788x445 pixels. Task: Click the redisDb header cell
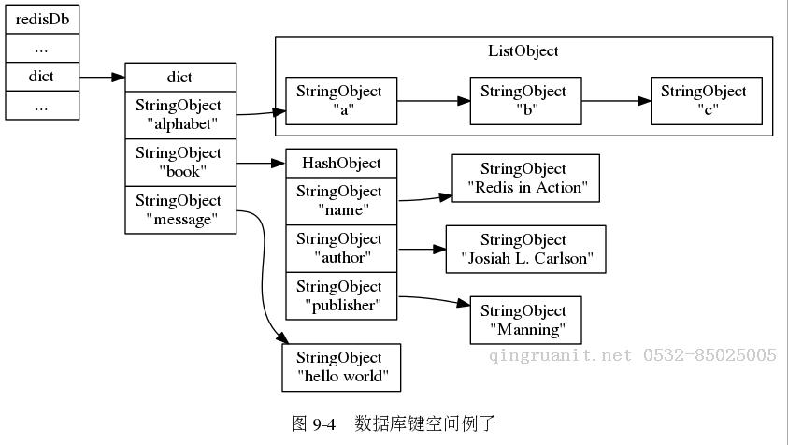(x=41, y=19)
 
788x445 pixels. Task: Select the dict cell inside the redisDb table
(x=41, y=77)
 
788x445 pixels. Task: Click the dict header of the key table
(x=179, y=78)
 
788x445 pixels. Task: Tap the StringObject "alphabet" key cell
(x=179, y=115)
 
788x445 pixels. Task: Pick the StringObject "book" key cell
(x=179, y=163)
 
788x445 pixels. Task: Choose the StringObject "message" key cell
(x=179, y=209)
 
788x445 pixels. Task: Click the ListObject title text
(x=523, y=51)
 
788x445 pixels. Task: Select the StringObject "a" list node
(x=340, y=101)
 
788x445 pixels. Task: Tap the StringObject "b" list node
(x=524, y=101)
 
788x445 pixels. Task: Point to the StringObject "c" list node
(x=705, y=101)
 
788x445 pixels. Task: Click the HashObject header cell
(x=341, y=164)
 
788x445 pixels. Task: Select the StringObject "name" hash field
(x=341, y=201)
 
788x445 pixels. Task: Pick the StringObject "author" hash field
(x=341, y=249)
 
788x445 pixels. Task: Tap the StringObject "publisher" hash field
(x=341, y=295)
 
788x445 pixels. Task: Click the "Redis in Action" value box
(x=524, y=179)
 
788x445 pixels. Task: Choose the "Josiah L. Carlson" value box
(x=525, y=249)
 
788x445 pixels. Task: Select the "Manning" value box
(x=525, y=320)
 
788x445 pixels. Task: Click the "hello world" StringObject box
(x=341, y=367)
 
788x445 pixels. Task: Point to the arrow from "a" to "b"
(x=432, y=101)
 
